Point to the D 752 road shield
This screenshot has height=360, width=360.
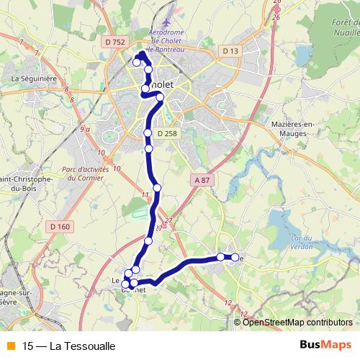(114, 43)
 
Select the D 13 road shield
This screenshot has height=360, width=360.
(230, 50)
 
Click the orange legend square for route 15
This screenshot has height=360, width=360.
(9, 346)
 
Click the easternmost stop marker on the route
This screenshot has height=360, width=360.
(235, 257)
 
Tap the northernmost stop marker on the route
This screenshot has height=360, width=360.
(137, 63)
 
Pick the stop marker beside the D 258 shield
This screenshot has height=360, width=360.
(148, 133)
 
